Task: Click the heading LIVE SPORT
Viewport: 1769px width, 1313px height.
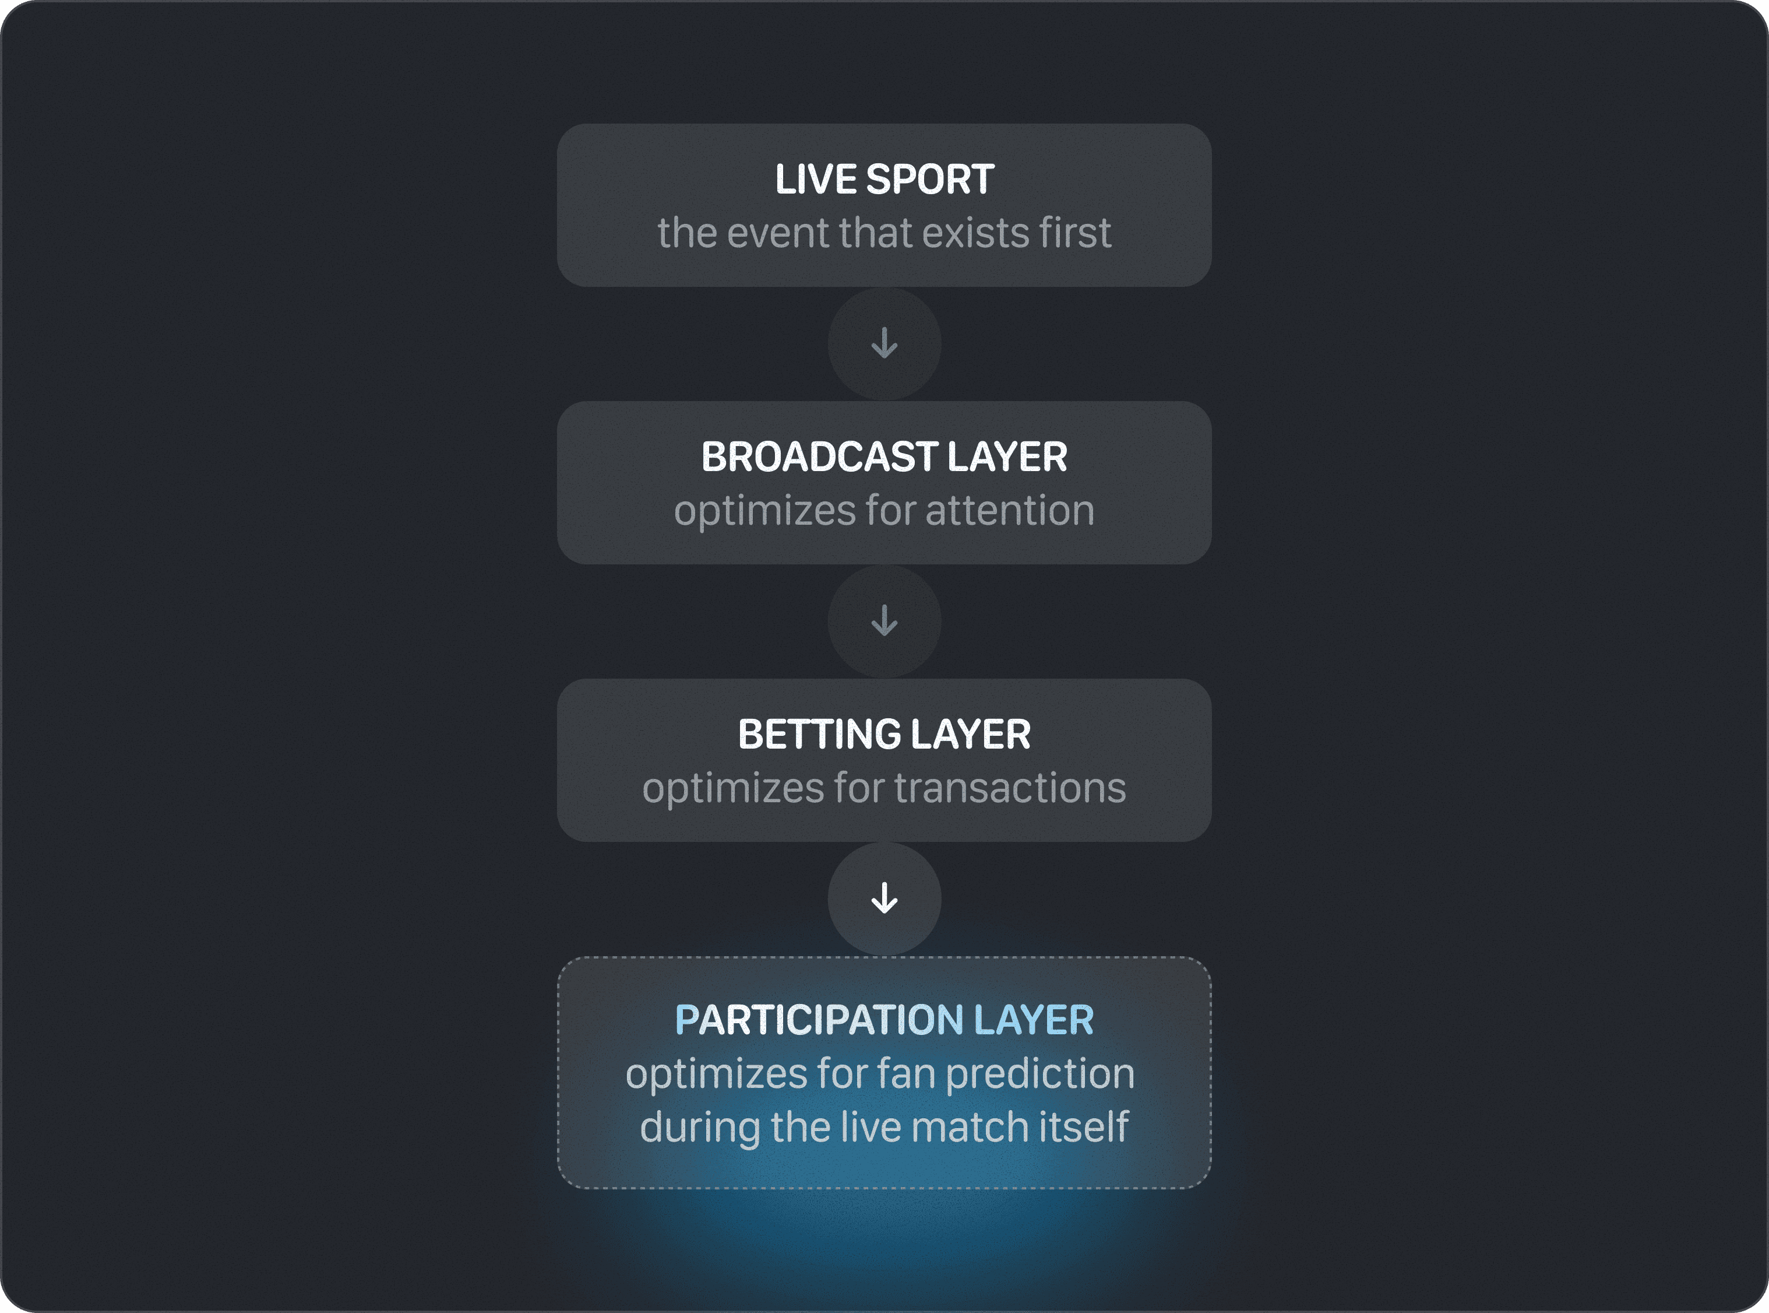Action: [884, 180]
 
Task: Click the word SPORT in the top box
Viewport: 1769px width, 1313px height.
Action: [930, 180]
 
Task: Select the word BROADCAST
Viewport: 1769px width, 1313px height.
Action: [820, 457]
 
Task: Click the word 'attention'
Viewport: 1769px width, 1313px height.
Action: [1010, 510]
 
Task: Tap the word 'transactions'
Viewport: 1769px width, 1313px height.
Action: [1010, 788]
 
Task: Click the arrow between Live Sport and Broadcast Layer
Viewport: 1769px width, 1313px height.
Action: [884, 343]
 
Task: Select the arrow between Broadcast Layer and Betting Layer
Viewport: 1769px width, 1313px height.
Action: [884, 621]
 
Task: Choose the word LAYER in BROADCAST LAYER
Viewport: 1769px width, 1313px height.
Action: [1007, 457]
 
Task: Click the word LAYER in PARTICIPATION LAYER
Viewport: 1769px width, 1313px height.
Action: [1034, 1020]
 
